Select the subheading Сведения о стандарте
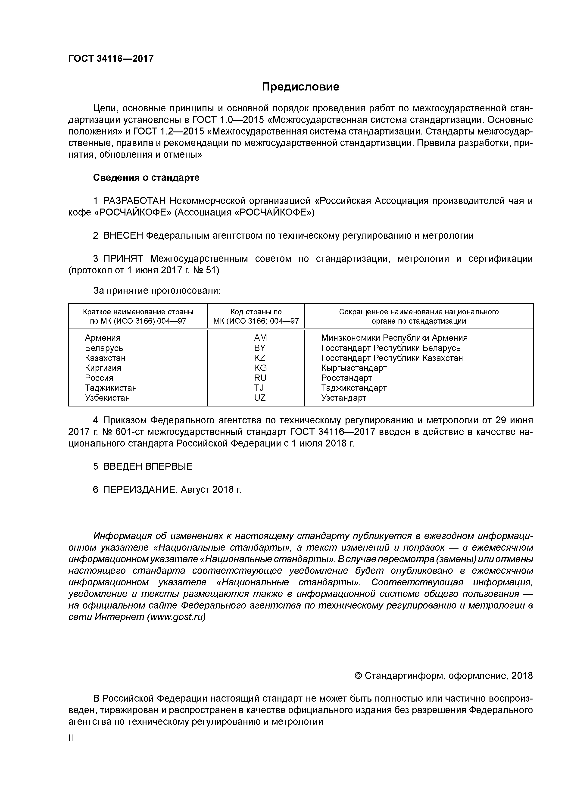coord(146,178)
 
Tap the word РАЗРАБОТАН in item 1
coord(134,201)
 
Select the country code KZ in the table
coord(260,358)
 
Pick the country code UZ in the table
coord(260,398)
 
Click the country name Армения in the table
coord(103,338)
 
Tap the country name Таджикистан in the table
coord(111,388)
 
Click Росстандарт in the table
coord(346,378)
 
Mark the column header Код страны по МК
coord(256,316)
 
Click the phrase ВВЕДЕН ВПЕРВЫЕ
coord(148,466)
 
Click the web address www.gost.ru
coord(176,617)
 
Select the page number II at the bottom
coord(71,738)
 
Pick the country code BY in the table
coord(260,348)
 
